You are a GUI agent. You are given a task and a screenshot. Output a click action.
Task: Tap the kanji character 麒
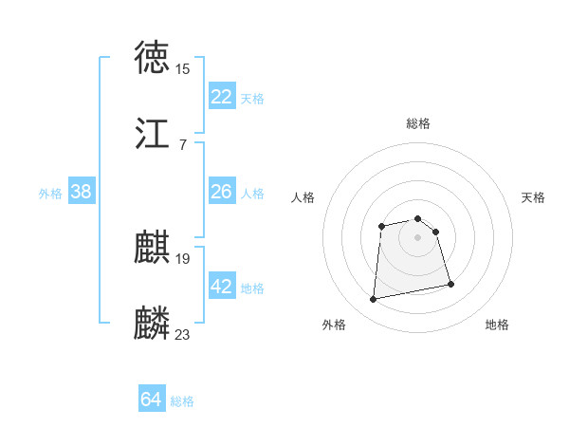pyautogui.click(x=153, y=249)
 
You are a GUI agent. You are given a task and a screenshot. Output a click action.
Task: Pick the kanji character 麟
pyautogui.click(x=153, y=324)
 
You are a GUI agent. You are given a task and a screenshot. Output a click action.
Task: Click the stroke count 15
pyautogui.click(x=182, y=68)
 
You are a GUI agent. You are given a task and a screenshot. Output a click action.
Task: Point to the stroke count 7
pyautogui.click(x=182, y=144)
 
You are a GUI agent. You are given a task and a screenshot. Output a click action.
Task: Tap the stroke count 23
pyautogui.click(x=182, y=334)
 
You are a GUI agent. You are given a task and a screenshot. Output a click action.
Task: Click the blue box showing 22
pyautogui.click(x=222, y=97)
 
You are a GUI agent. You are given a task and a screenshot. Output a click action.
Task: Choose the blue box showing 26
pyautogui.click(x=222, y=192)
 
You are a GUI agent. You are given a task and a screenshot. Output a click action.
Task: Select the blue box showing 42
pyautogui.click(x=222, y=287)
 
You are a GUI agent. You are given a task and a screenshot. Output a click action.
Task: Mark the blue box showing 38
pyautogui.click(x=82, y=192)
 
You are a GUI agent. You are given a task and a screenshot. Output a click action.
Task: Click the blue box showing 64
pyautogui.click(x=152, y=400)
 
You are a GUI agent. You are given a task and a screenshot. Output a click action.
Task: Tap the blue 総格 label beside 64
pyautogui.click(x=182, y=401)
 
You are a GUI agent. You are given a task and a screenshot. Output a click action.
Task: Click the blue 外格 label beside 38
pyautogui.click(x=50, y=194)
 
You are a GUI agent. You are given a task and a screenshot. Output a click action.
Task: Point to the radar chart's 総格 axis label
pyautogui.click(x=418, y=123)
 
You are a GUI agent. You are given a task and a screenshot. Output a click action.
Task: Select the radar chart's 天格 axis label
pyautogui.click(x=534, y=197)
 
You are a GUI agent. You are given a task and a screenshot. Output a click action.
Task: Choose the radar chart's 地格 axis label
pyautogui.click(x=497, y=325)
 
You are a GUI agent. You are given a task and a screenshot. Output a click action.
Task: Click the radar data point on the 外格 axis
pyautogui.click(x=374, y=300)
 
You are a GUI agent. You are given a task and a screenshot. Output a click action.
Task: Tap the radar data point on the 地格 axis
pyautogui.click(x=450, y=284)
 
